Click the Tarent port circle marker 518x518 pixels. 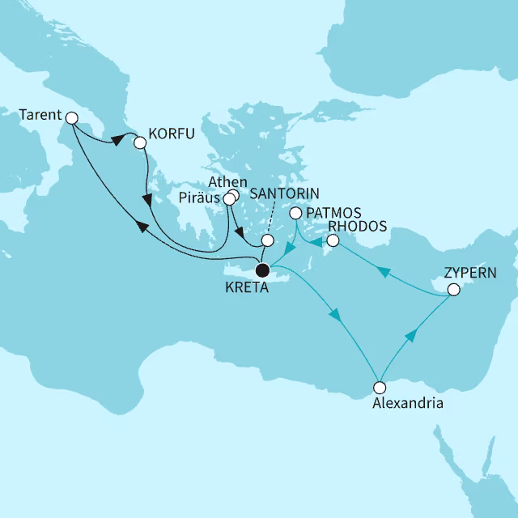point(71,118)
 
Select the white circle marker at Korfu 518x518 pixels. point(139,142)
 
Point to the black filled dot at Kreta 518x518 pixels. point(261,270)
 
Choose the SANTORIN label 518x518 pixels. point(285,194)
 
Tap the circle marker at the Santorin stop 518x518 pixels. point(267,240)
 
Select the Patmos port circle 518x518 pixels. point(296,213)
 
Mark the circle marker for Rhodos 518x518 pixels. point(332,240)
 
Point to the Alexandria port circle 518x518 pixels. point(378,387)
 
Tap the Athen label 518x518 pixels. point(223,181)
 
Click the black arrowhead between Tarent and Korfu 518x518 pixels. point(117,140)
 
